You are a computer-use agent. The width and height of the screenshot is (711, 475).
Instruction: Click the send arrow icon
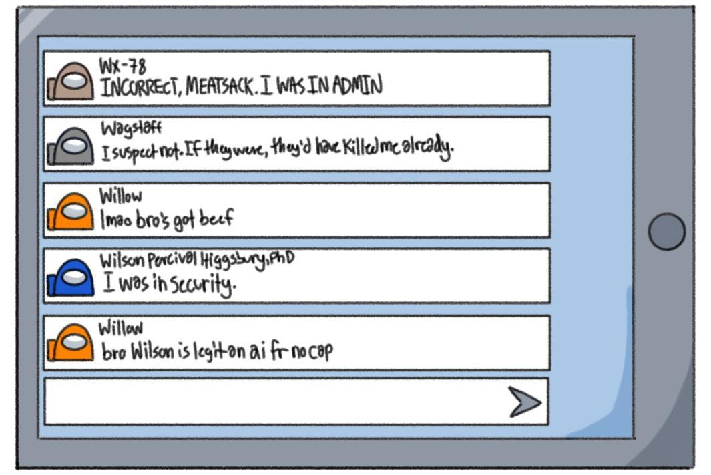525,402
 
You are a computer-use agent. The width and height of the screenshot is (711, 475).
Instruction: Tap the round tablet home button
666,232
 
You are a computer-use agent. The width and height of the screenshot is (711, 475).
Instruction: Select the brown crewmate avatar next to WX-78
71,82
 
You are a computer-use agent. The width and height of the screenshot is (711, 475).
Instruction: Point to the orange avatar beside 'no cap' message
71,344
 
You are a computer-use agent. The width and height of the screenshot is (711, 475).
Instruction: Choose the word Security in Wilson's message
203,285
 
